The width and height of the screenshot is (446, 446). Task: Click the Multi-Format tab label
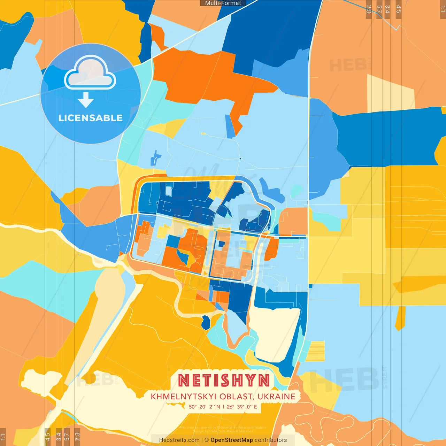[x=223, y=3]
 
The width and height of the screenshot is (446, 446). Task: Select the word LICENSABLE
[x=90, y=118]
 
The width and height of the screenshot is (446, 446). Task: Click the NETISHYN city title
[x=224, y=380]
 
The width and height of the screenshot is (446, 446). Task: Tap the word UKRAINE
[x=277, y=397]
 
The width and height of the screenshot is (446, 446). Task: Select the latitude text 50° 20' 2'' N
[x=205, y=407]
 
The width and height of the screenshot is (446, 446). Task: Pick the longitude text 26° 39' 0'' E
[x=242, y=407]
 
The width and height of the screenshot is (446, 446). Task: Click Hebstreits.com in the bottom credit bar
[x=179, y=440]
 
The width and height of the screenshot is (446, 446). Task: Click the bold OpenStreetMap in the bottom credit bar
[x=231, y=440]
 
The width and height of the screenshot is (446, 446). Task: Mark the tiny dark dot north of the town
[x=240, y=159]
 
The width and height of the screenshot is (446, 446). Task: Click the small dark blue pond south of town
[x=206, y=322]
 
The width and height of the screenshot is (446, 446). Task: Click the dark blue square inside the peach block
[x=220, y=244]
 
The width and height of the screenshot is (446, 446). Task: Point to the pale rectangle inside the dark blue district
[x=169, y=191]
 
